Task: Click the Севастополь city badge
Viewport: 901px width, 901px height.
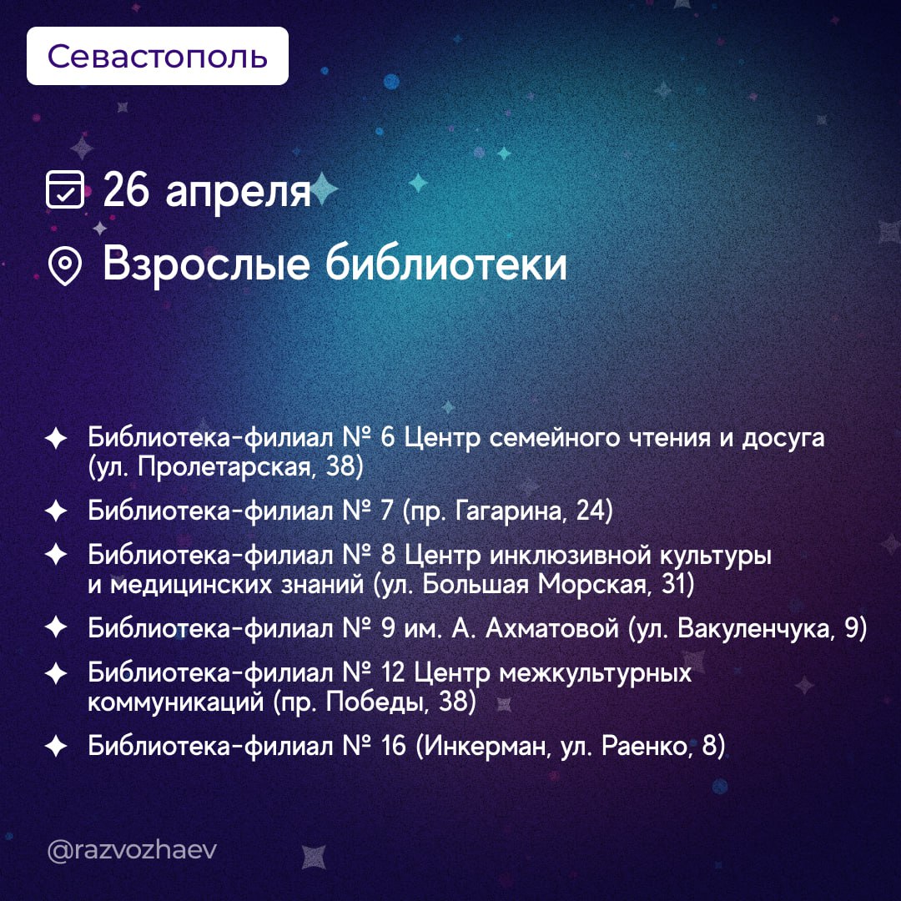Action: point(158,56)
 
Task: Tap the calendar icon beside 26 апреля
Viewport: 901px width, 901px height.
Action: point(65,189)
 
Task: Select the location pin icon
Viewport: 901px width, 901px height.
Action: point(65,265)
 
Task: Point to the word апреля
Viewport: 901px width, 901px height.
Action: point(238,193)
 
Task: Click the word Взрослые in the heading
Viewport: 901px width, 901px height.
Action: point(206,265)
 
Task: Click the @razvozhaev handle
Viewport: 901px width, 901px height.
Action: point(132,850)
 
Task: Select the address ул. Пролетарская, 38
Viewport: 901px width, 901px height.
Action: point(226,466)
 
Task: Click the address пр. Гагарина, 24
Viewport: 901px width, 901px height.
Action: point(508,511)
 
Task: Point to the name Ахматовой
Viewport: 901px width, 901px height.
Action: point(552,628)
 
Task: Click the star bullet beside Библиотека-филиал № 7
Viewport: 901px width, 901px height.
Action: point(56,511)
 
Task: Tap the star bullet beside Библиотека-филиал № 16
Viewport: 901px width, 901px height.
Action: point(56,747)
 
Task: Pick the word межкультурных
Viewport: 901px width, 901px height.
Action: point(596,673)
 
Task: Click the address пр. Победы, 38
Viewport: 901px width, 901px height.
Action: point(375,702)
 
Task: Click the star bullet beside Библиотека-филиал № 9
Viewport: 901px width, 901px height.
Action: point(56,627)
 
